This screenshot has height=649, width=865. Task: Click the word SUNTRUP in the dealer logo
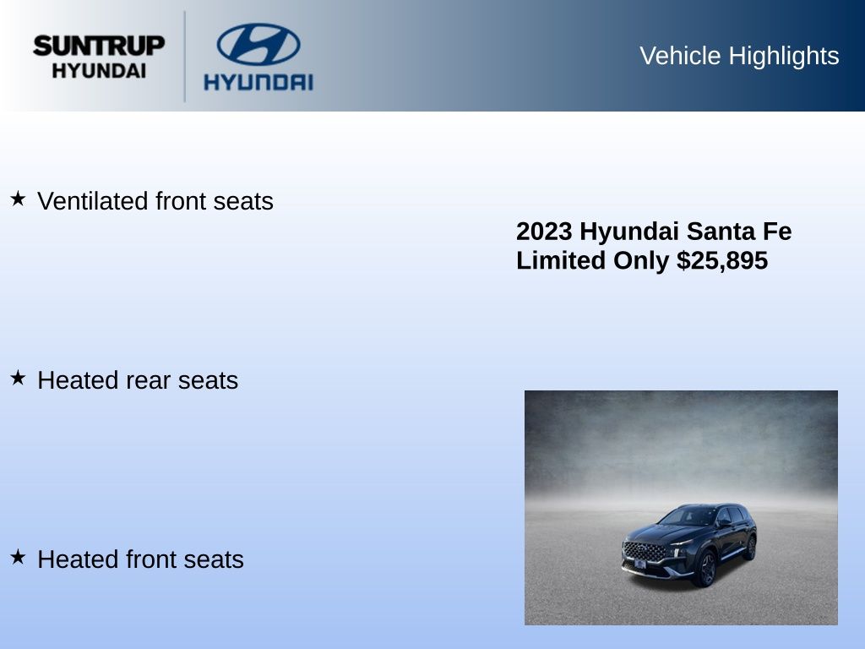point(99,46)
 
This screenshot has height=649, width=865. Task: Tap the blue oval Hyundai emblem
point(258,44)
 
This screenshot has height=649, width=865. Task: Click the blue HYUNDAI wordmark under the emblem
point(258,82)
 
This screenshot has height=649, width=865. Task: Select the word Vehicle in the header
point(680,56)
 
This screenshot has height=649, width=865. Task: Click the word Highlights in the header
point(784,57)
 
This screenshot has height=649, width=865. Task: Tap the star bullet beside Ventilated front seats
point(18,199)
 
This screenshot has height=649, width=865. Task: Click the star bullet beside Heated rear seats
point(18,378)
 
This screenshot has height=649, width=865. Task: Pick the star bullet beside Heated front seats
point(18,557)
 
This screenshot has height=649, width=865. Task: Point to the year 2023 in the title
point(544,232)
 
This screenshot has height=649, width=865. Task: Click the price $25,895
point(722,260)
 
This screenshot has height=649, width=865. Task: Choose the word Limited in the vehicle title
point(561,260)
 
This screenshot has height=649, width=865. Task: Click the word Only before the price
point(641,261)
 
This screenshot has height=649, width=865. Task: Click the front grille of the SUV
point(644,551)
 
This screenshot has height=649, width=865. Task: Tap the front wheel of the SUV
point(707,569)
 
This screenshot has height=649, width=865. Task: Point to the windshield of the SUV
point(688,517)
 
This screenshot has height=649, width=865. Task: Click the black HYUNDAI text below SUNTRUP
point(99,71)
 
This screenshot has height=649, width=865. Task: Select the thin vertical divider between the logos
point(184,57)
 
